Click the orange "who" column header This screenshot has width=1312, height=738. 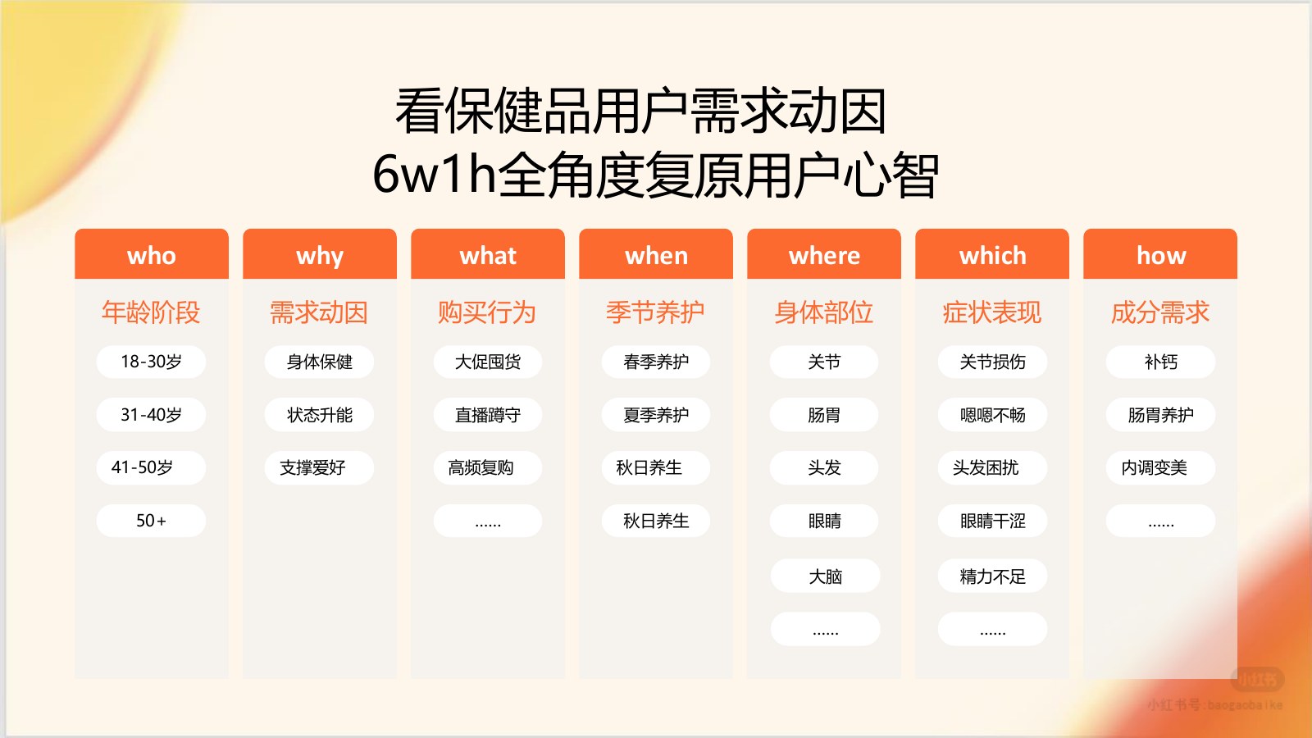pos(152,254)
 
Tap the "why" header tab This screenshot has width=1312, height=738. pos(320,254)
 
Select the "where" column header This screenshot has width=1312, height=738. pos(824,254)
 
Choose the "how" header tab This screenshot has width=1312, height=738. pos(1160,254)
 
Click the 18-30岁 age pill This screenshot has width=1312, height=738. pos(151,362)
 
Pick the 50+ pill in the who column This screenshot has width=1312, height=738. pos(151,521)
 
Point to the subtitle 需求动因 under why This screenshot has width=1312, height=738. pos(319,312)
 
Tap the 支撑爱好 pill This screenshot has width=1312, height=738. pos(319,467)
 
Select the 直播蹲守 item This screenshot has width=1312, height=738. pos(488,415)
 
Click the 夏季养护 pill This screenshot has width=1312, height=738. pos(656,415)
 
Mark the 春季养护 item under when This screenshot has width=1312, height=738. pos(656,362)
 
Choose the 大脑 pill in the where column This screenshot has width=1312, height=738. pos(825,576)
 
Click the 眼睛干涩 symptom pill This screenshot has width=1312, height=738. pos(993,521)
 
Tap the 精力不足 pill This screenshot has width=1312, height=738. pos(993,576)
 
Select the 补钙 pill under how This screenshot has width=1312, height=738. pos(1161,362)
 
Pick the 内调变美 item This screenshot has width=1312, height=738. pos(1161,467)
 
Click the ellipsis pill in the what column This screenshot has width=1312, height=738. pos(488,521)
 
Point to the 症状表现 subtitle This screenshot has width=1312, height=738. pos(992,312)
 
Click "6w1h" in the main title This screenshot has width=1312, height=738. pos(435,175)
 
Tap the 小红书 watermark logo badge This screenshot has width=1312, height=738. pos(1258,679)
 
